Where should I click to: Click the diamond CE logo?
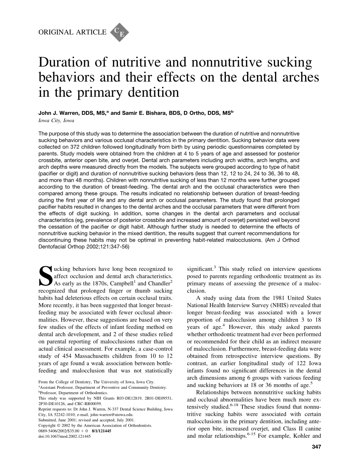coord(119,32)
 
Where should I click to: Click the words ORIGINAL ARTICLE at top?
coord(72,32)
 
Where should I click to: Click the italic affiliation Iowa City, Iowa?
coord(56,121)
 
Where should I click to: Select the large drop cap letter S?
coord(45,276)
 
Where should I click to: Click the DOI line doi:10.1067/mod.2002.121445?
coord(65,436)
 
